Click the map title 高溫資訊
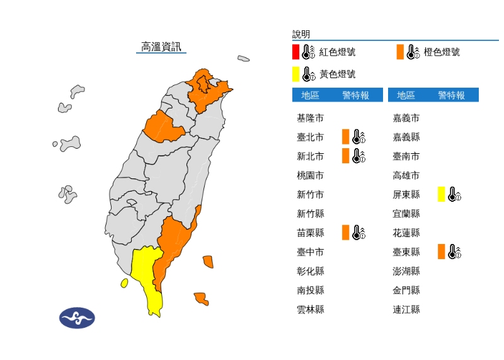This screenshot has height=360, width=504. (x=161, y=47)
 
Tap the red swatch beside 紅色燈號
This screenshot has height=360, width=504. (x=295, y=52)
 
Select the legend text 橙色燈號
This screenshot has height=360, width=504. (x=442, y=52)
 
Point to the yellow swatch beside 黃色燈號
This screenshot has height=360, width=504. (x=295, y=74)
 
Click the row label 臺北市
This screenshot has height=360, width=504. (x=310, y=137)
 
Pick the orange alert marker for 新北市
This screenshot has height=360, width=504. (x=345, y=156)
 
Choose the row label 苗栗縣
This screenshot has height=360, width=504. (x=310, y=233)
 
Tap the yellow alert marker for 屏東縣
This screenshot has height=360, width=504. (x=442, y=194)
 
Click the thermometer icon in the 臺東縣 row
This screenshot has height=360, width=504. (x=454, y=252)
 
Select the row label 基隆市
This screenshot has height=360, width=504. (x=310, y=118)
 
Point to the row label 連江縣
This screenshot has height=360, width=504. (x=406, y=310)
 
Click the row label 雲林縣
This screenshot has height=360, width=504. (x=310, y=310)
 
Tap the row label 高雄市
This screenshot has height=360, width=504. (x=406, y=175)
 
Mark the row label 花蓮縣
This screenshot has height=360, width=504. (x=406, y=233)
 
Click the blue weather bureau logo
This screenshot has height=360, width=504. (x=77, y=318)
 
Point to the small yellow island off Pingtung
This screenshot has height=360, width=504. (x=124, y=283)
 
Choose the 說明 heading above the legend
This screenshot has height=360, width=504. (x=301, y=34)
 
